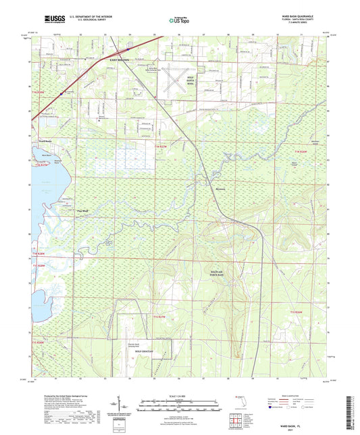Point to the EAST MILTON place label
pos(118,61)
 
